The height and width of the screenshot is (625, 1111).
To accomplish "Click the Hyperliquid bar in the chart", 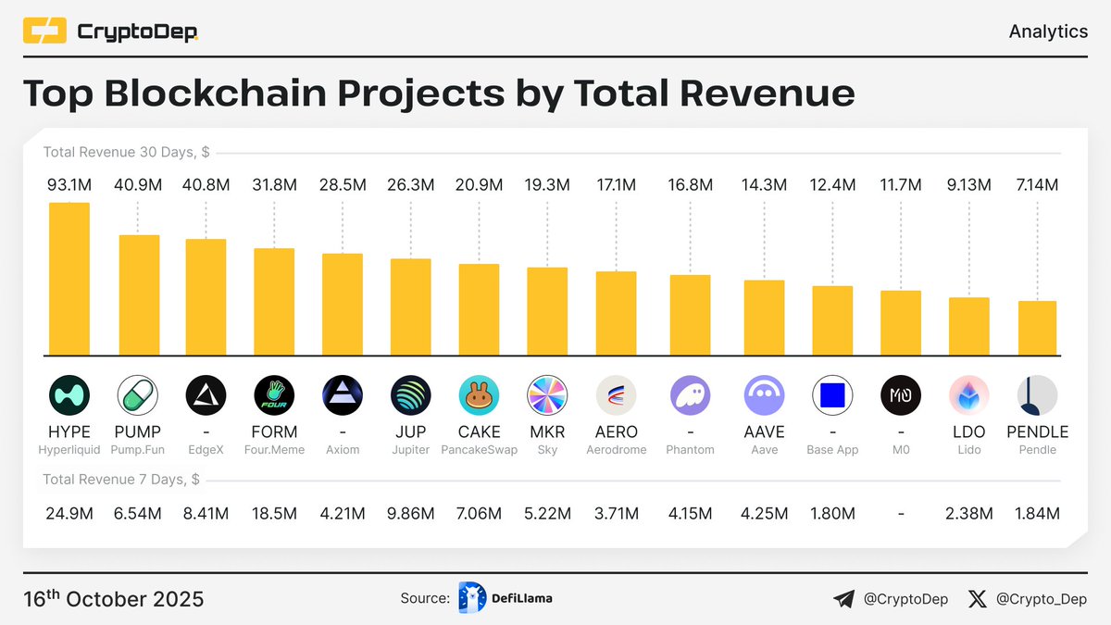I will [69, 278].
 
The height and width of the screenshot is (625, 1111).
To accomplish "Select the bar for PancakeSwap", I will [479, 308].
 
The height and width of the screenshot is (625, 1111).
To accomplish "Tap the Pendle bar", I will [1037, 327].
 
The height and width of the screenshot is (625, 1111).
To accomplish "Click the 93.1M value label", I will [69, 185].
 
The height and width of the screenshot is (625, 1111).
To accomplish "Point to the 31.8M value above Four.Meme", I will [274, 185].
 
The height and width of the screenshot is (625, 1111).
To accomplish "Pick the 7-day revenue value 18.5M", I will [274, 513].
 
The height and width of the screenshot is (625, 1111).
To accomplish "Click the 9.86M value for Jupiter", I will [410, 513].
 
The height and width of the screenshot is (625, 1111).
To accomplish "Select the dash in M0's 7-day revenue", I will [901, 513].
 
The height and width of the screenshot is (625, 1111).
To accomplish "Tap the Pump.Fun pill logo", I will [137, 396].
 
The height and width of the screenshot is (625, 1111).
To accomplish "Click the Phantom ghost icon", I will [690, 396].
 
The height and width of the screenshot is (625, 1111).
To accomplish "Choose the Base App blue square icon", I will [832, 396].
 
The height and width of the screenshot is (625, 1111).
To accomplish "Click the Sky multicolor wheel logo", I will [547, 396].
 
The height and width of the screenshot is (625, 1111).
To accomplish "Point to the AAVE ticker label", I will [764, 431].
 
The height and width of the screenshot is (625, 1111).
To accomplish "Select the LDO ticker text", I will [968, 431].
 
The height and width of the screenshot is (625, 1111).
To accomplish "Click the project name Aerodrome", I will [616, 450].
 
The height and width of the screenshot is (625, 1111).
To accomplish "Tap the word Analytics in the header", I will [1048, 31].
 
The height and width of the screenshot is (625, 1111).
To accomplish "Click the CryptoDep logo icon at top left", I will [44, 32].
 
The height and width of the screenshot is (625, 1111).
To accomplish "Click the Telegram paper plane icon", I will [843, 599].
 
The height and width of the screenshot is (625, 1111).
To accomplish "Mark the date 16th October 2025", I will [113, 599].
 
